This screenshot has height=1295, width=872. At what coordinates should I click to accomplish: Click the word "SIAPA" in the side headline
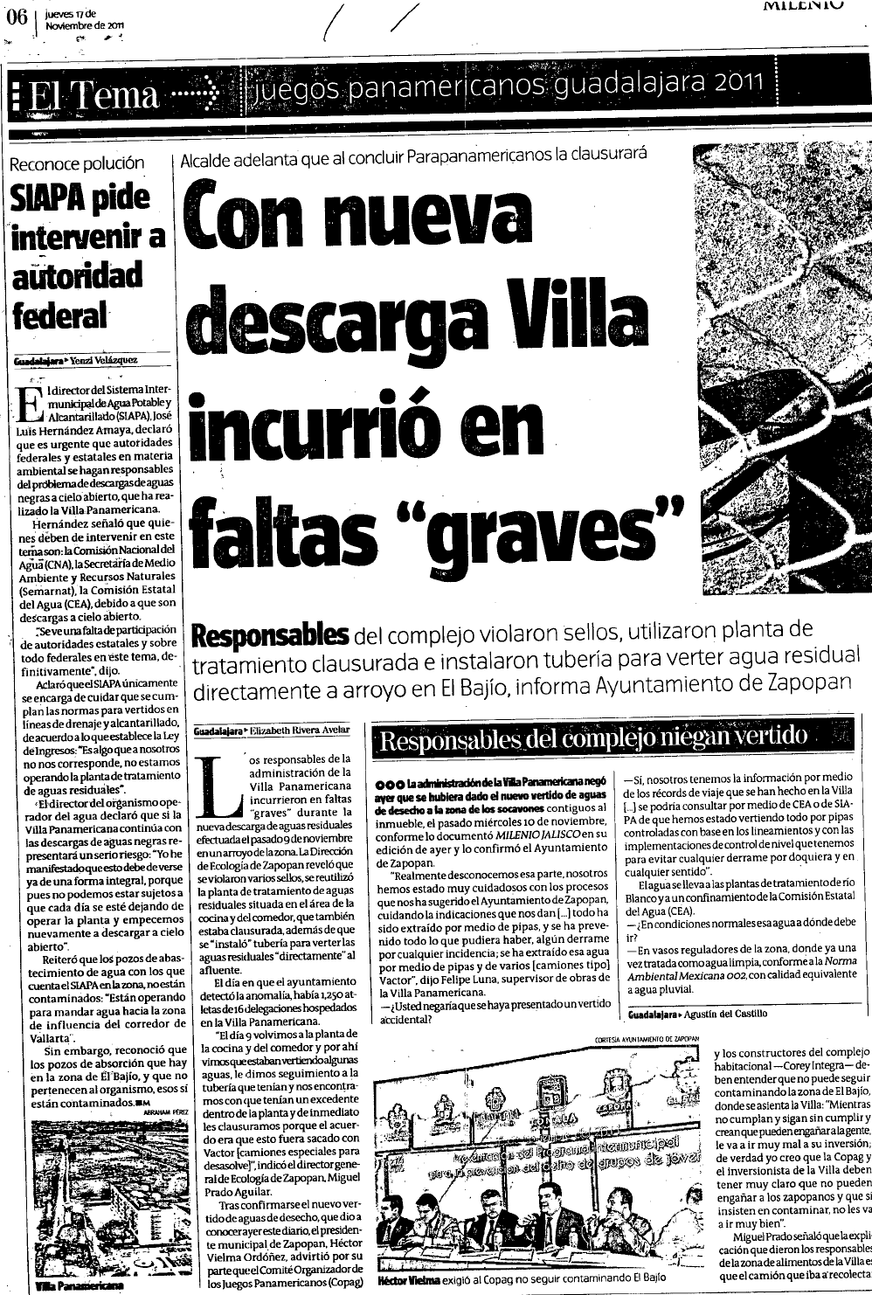(x=45, y=198)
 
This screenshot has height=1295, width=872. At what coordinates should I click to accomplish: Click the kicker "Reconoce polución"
(x=76, y=163)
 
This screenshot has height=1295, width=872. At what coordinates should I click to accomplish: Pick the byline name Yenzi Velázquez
(x=102, y=360)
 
